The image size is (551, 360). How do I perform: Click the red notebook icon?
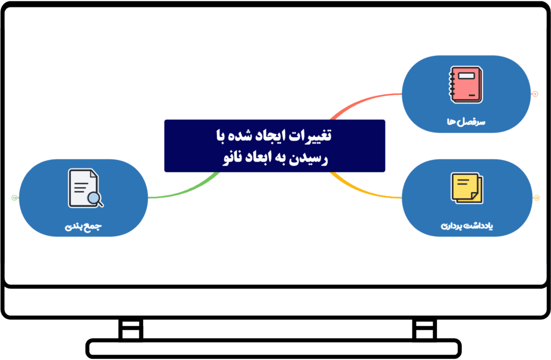click(465, 84)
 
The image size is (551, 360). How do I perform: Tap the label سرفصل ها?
click(466, 122)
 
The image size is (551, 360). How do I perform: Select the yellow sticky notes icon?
click(467, 188)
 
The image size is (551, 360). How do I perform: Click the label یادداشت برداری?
click(467, 225)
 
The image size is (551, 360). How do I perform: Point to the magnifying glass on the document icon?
click(95, 199)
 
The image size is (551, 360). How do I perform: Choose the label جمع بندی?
click(83, 226)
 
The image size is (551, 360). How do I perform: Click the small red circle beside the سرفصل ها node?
click(535, 94)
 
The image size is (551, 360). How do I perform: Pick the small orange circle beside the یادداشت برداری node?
click(536, 198)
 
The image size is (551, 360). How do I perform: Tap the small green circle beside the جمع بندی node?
click(15, 198)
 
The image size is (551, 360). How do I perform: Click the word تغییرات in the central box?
click(310, 136)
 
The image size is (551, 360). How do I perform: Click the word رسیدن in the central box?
click(309, 158)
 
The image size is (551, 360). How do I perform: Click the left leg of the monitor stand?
click(131, 329)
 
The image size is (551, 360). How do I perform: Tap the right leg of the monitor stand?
click(425, 329)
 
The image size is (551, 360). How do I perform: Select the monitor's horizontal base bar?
click(273, 349)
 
